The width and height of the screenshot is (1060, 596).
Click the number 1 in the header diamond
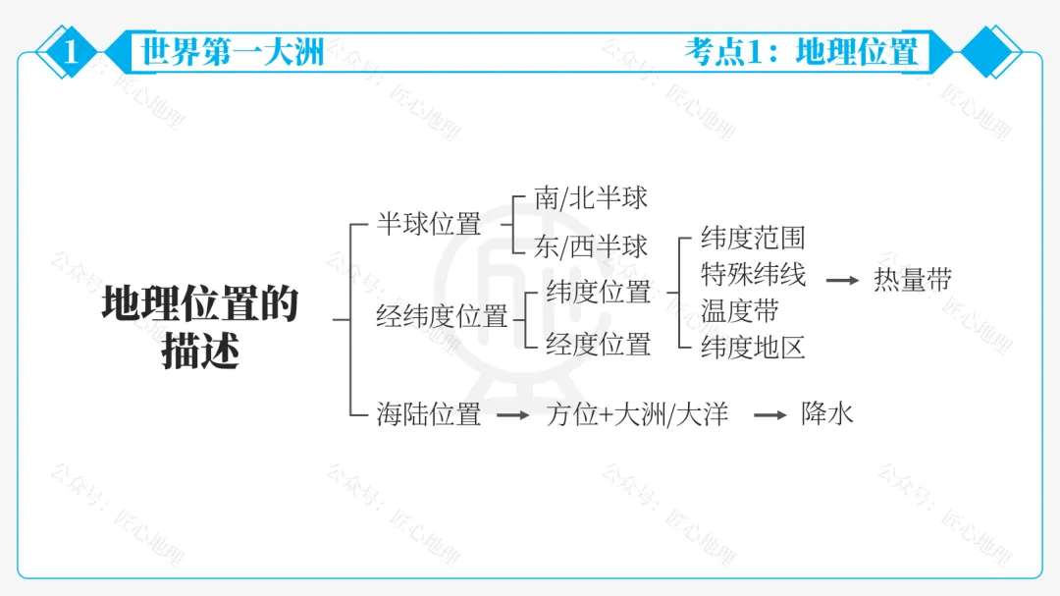(69, 51)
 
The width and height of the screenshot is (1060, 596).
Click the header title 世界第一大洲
(233, 51)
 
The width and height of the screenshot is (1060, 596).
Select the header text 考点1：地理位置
(801, 51)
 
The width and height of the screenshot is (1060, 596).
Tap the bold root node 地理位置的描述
(200, 328)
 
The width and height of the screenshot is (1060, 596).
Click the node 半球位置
(429, 224)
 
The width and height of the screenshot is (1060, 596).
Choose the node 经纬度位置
(442, 317)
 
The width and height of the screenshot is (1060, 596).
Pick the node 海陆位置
(429, 414)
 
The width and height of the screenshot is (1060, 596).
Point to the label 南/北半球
(591, 197)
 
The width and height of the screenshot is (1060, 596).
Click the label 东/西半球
(591, 246)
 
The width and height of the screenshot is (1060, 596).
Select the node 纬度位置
(598, 292)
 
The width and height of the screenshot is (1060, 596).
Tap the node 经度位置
(598, 344)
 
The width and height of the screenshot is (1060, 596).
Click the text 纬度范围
(753, 237)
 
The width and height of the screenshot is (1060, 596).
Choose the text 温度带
(740, 310)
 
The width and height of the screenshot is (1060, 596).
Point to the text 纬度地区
(753, 347)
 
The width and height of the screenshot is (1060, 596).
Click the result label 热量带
(913, 280)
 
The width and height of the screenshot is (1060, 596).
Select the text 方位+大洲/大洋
(637, 414)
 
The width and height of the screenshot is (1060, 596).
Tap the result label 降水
(826, 413)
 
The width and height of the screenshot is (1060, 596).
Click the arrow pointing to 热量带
(842, 281)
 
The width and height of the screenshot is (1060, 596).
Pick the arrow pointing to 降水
(770, 415)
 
